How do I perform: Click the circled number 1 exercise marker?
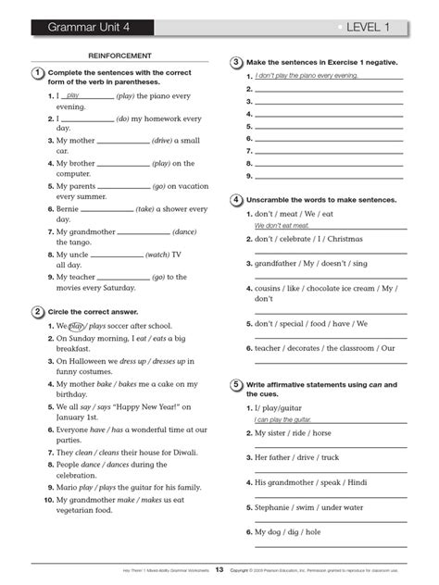coord(35,73)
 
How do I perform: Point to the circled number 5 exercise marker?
coord(237,385)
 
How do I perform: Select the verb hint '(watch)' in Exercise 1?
coord(157,255)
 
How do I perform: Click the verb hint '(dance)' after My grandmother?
coord(185,231)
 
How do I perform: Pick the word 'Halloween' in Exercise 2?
coord(96,361)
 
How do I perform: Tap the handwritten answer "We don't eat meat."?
coord(282,225)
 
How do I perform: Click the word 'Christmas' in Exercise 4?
coord(345,239)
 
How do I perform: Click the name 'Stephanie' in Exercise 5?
coord(273,507)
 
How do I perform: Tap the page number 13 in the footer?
coord(219,569)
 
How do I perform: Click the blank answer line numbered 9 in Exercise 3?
coord(329,175)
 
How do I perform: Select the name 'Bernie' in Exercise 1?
coord(69,209)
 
